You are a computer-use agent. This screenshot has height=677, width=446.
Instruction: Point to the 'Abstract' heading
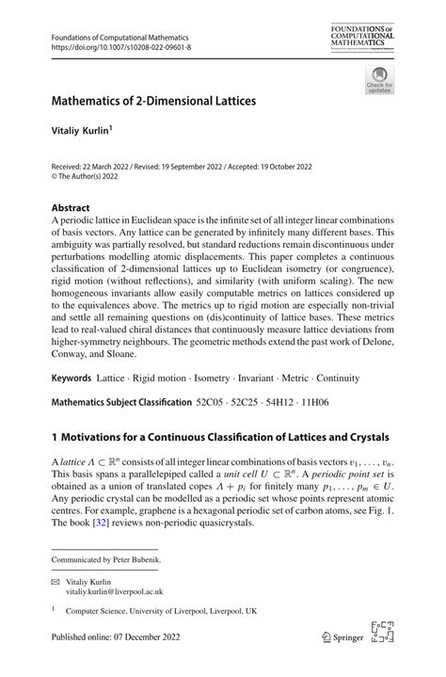tap(71, 207)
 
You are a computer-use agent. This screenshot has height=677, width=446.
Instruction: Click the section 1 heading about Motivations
tap(219, 437)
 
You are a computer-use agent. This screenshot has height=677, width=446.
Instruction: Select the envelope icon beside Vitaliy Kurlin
tap(55, 582)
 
